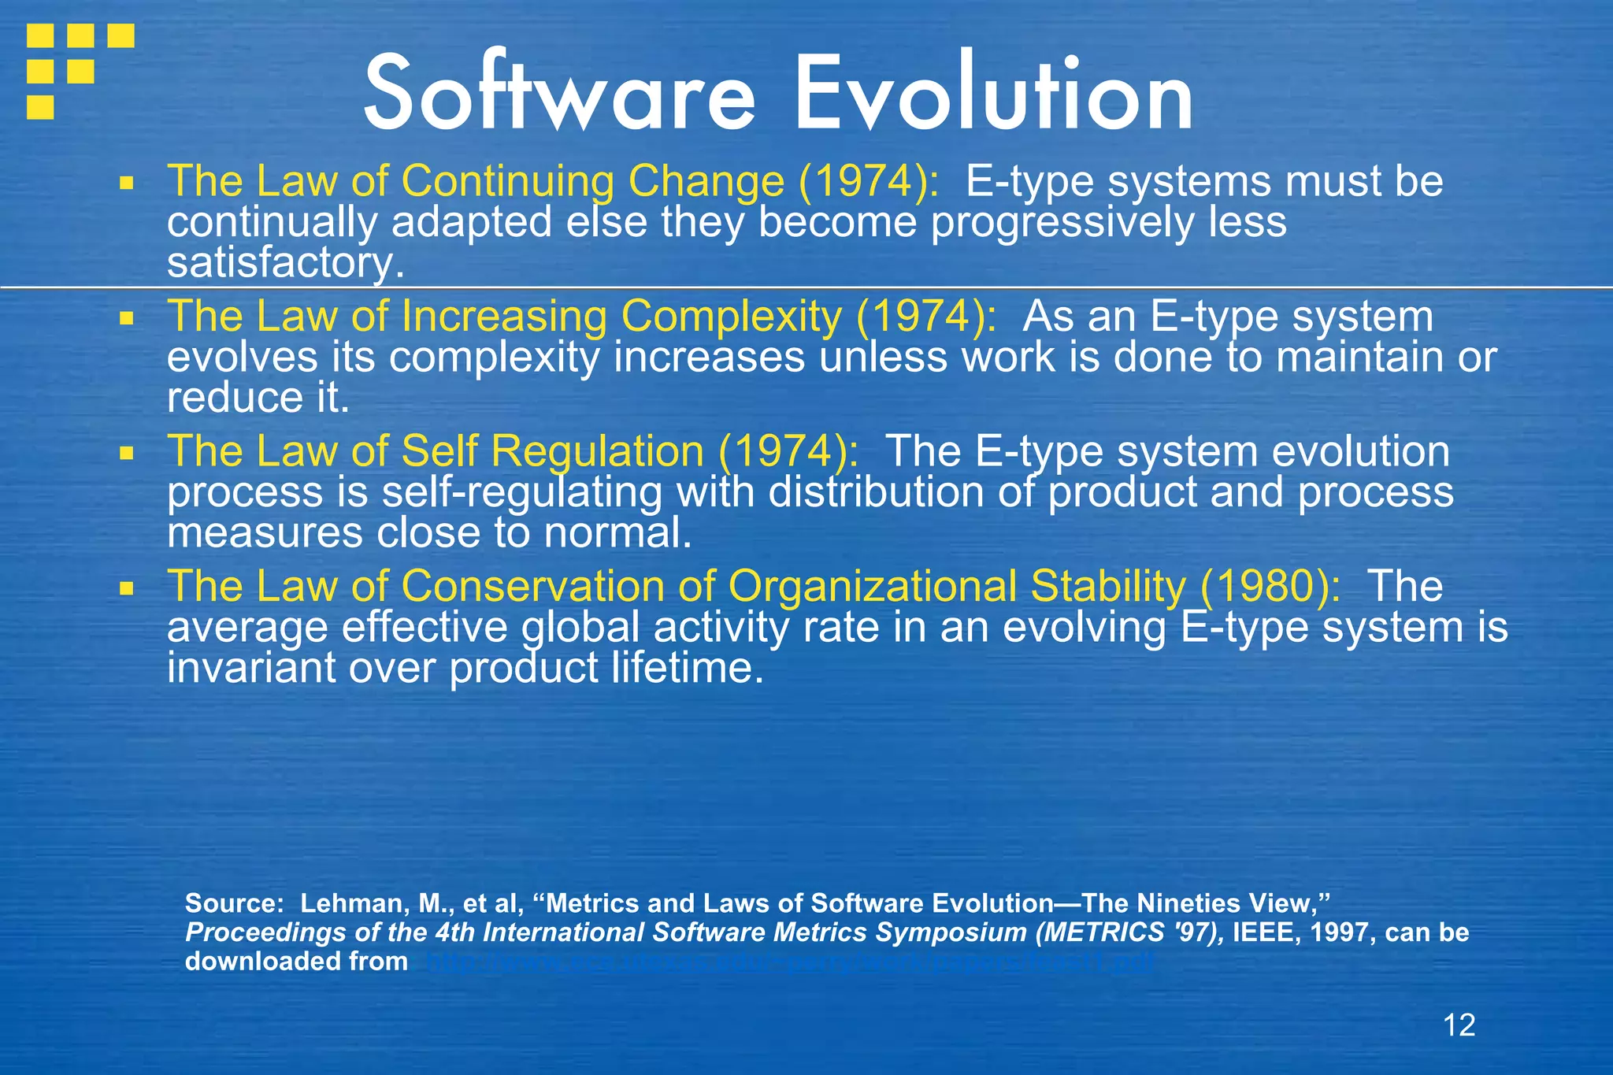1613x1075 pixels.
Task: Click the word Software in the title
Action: click(x=559, y=95)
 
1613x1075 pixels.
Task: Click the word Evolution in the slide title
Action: click(x=994, y=95)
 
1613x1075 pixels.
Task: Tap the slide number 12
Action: click(x=1459, y=1025)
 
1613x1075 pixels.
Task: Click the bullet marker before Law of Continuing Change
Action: click(x=126, y=184)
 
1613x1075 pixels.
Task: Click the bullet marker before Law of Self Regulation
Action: click(x=126, y=454)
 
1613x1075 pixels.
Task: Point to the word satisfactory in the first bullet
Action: click(x=280, y=263)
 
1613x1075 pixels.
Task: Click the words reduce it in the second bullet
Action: click(x=257, y=398)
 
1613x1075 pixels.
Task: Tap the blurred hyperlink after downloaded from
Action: click(x=790, y=962)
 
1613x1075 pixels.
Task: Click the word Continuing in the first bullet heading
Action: click(x=507, y=181)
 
